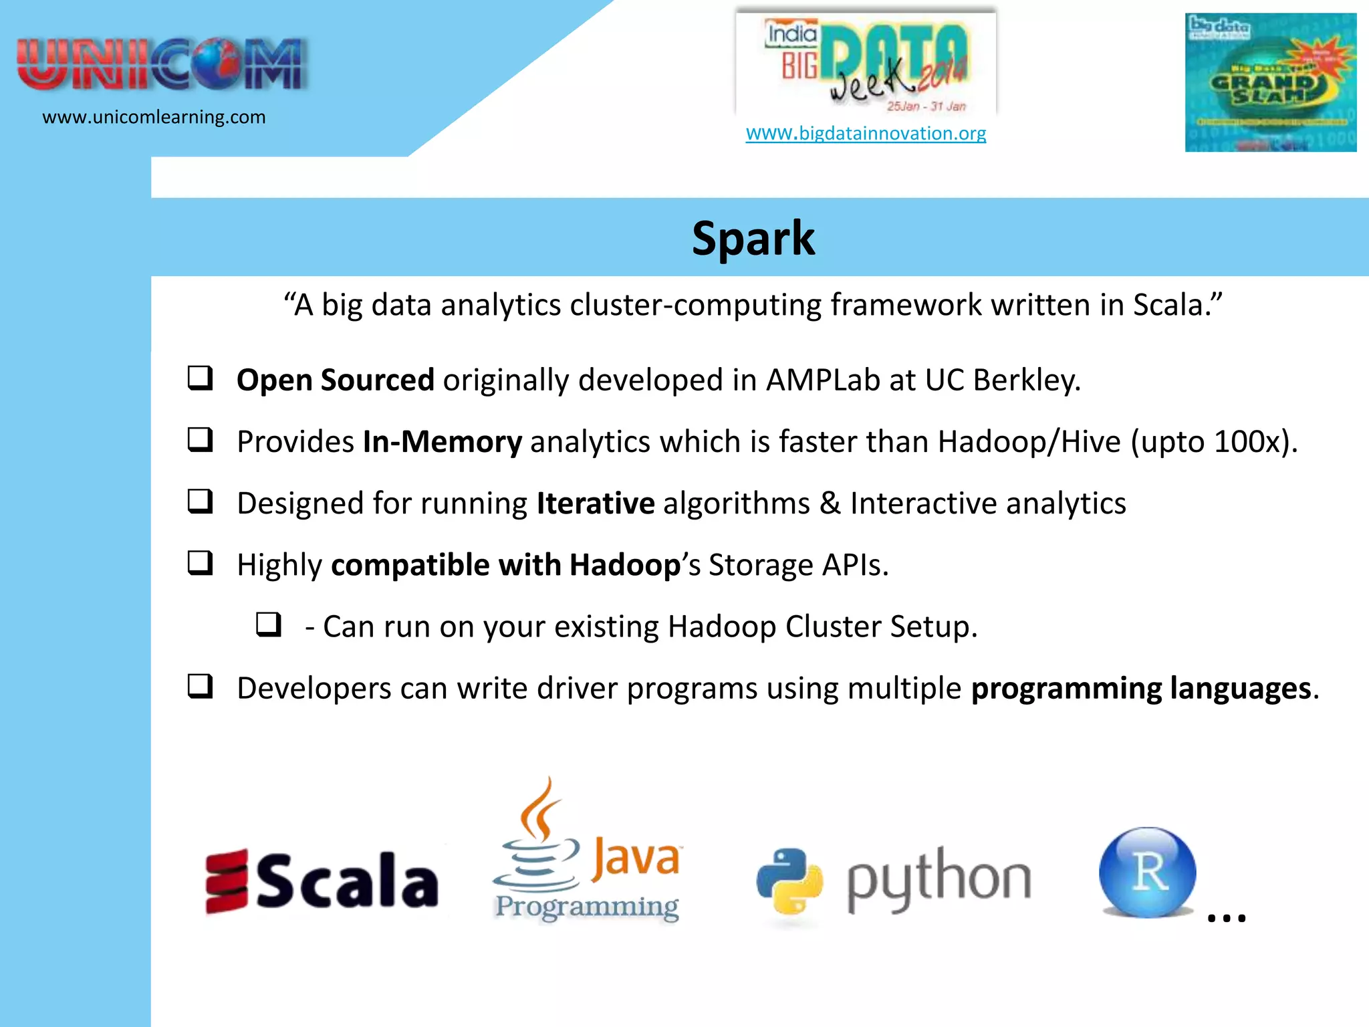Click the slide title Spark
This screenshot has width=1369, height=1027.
753,239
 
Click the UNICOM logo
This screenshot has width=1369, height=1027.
162,65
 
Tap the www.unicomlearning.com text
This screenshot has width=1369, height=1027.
154,117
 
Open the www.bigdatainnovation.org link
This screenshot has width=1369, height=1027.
866,133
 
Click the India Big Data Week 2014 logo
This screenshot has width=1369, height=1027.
866,64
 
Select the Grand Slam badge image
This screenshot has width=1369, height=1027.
1270,82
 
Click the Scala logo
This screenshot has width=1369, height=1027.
322,881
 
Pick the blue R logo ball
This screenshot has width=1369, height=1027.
1147,873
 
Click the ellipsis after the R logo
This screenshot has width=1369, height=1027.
1227,918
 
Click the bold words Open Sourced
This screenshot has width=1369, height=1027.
336,380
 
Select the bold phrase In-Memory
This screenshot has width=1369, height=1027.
442,442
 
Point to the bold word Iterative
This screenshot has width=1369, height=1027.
596,503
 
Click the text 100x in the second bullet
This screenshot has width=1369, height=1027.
1247,442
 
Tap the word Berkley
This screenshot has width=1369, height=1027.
1026,380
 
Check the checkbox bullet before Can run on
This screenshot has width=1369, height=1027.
269,625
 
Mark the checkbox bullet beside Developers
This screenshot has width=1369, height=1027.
200,687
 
